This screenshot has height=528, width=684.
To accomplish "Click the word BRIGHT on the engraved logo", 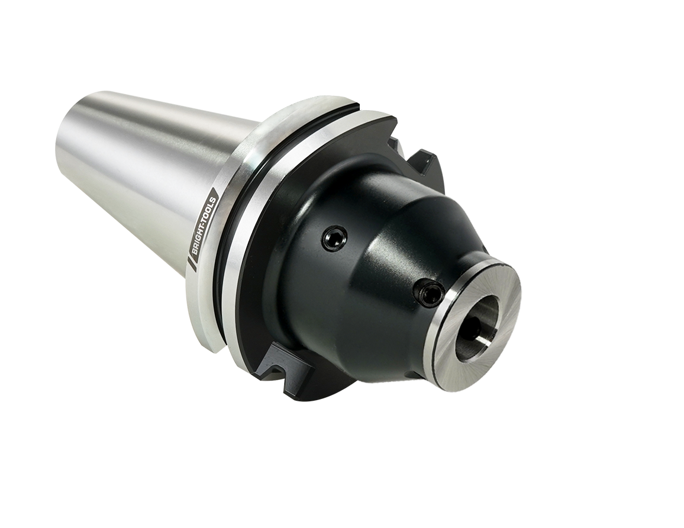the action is pyautogui.click(x=202, y=236).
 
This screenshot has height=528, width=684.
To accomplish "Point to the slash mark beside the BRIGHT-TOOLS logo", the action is pyautogui.click(x=189, y=264).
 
